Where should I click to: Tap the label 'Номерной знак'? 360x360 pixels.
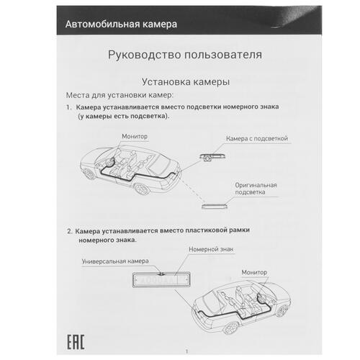pos(207,249)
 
